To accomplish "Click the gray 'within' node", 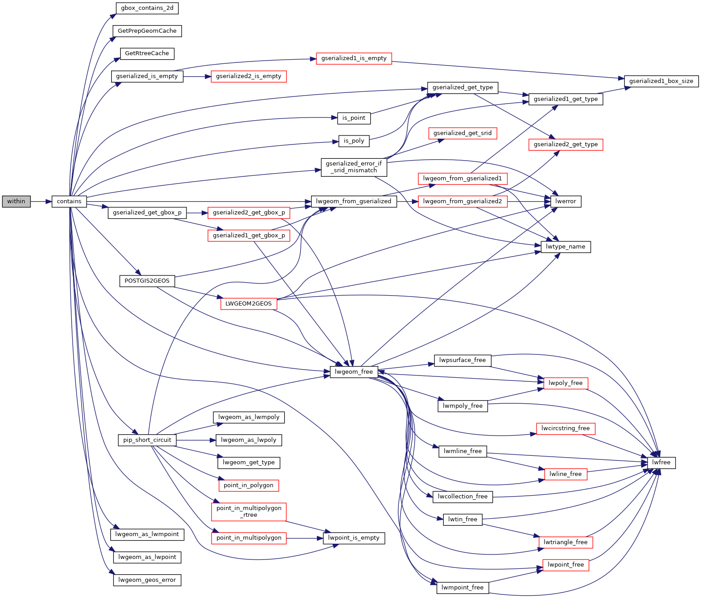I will pyautogui.click(x=16, y=201).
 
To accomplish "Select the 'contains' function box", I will pyautogui.click(x=69, y=201).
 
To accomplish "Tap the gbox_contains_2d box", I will pyautogui.click(x=147, y=8).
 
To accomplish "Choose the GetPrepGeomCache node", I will pyautogui.click(x=147, y=31).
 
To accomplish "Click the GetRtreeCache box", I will pyautogui.click(x=147, y=53).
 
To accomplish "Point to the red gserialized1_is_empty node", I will pyautogui.click(x=354, y=58).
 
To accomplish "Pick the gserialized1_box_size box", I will pyautogui.click(x=661, y=81).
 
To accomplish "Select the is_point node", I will pyautogui.click(x=354, y=118).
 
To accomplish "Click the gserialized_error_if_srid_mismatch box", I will pyautogui.click(x=354, y=167).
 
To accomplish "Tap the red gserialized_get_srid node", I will pyautogui.click(x=462, y=133).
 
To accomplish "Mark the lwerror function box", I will pyautogui.click(x=565, y=201).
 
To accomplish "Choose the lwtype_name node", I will pyautogui.click(x=565, y=247).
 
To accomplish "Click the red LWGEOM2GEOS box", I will pyautogui.click(x=248, y=304).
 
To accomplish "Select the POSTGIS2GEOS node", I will pyautogui.click(x=147, y=281).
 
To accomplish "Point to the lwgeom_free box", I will pyautogui.click(x=354, y=372).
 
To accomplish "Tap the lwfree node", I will pyautogui.click(x=661, y=463).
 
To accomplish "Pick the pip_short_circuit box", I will pyautogui.click(x=147, y=440).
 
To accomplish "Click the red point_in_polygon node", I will pyautogui.click(x=248, y=485).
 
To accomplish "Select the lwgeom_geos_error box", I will pyautogui.click(x=147, y=580).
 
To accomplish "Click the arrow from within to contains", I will pyautogui.click(x=41, y=201).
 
